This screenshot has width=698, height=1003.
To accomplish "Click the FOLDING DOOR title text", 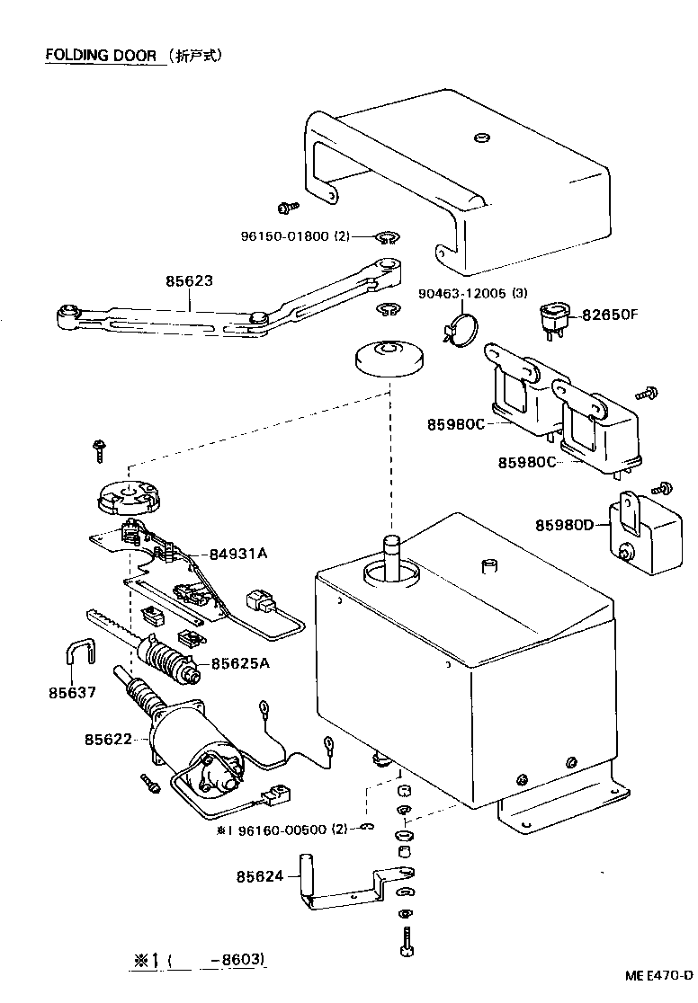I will tap(101, 55).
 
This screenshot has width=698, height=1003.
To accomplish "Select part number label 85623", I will tap(189, 280).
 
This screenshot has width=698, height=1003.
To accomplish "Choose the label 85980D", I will tap(565, 524).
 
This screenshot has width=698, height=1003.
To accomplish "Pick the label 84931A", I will tap(238, 554).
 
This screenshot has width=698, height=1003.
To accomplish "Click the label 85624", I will tap(261, 874).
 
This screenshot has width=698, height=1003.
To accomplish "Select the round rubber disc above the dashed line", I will tap(387, 358).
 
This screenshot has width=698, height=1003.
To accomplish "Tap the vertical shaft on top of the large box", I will tap(392, 555).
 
